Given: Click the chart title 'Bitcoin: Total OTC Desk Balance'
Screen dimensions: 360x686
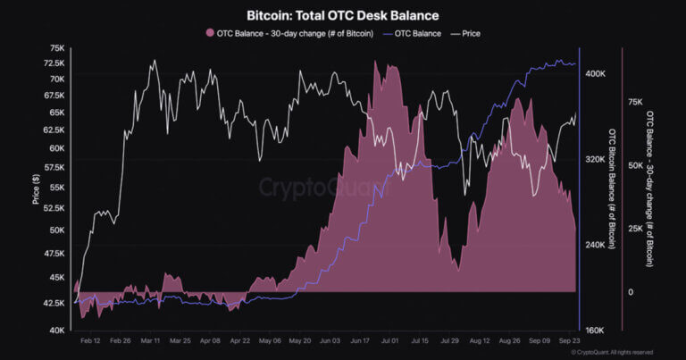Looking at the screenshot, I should (x=342, y=16).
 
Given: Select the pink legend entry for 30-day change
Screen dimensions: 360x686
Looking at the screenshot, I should (x=283, y=33).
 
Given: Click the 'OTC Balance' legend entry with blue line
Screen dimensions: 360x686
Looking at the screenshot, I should (x=411, y=33).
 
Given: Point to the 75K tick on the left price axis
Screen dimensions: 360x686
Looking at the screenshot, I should (x=55, y=48).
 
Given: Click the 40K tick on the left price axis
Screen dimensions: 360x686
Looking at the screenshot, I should (x=55, y=331).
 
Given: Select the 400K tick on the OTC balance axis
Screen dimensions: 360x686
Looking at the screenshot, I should (x=595, y=74).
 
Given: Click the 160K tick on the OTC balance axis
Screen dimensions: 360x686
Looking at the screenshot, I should (x=595, y=330).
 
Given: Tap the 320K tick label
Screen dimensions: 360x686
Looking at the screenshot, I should (x=595, y=159).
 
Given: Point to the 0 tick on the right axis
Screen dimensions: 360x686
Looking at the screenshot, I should (x=631, y=292).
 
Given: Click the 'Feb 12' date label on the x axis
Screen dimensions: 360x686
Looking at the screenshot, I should (x=90, y=341).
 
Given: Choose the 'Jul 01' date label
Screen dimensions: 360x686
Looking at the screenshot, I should (x=389, y=341).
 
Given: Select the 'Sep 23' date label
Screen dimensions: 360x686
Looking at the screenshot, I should (x=572, y=341).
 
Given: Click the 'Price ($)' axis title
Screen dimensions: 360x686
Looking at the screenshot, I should (x=36, y=189).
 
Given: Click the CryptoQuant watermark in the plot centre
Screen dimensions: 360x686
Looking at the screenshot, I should (x=325, y=188).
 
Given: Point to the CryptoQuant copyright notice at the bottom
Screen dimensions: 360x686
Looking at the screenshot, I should (x=616, y=353).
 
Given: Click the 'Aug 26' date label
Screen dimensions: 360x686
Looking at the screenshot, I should (x=511, y=341).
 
